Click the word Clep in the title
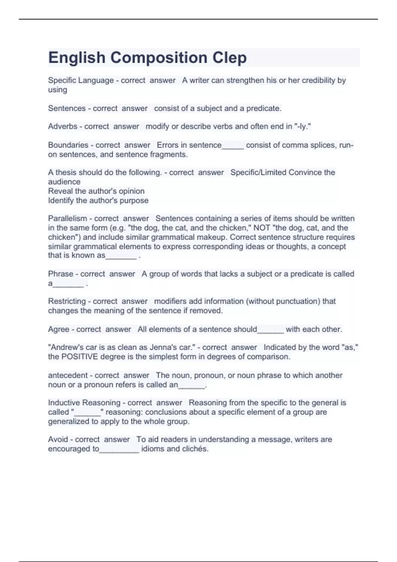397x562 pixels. click(x=229, y=58)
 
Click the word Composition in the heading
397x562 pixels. click(x=158, y=58)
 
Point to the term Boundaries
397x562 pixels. click(x=68, y=145)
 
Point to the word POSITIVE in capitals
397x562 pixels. click(x=80, y=357)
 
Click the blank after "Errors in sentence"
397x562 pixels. click(x=233, y=147)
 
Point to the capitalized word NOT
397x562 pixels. click(x=262, y=228)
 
